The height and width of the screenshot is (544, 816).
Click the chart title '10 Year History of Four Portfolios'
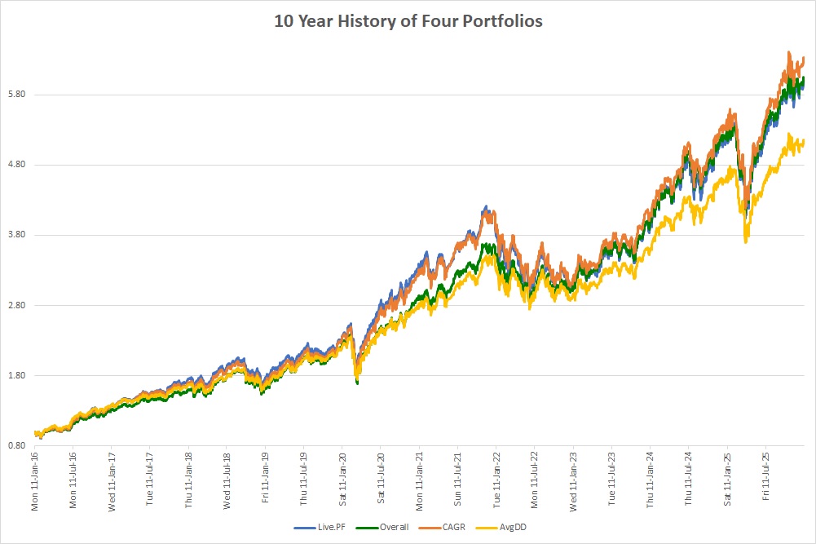click(x=408, y=21)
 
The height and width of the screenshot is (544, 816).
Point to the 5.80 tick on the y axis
click(x=17, y=95)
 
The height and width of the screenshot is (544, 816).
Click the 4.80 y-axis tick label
click(x=17, y=165)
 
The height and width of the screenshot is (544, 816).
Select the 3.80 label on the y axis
click(x=17, y=235)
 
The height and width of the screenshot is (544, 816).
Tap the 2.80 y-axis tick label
click(x=17, y=305)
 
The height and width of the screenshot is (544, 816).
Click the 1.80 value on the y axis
click(x=17, y=375)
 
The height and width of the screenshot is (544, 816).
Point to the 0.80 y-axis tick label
click(x=17, y=445)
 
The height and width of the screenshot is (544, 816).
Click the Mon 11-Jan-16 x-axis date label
click(x=36, y=481)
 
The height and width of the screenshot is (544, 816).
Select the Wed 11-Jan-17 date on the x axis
click(x=112, y=481)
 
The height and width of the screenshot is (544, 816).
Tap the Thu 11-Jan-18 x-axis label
click(x=189, y=481)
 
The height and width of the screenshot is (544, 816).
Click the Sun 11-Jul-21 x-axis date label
click(x=457, y=481)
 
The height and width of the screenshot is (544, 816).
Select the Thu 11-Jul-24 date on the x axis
click(x=688, y=481)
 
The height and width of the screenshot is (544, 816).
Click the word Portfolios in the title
click(x=504, y=21)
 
